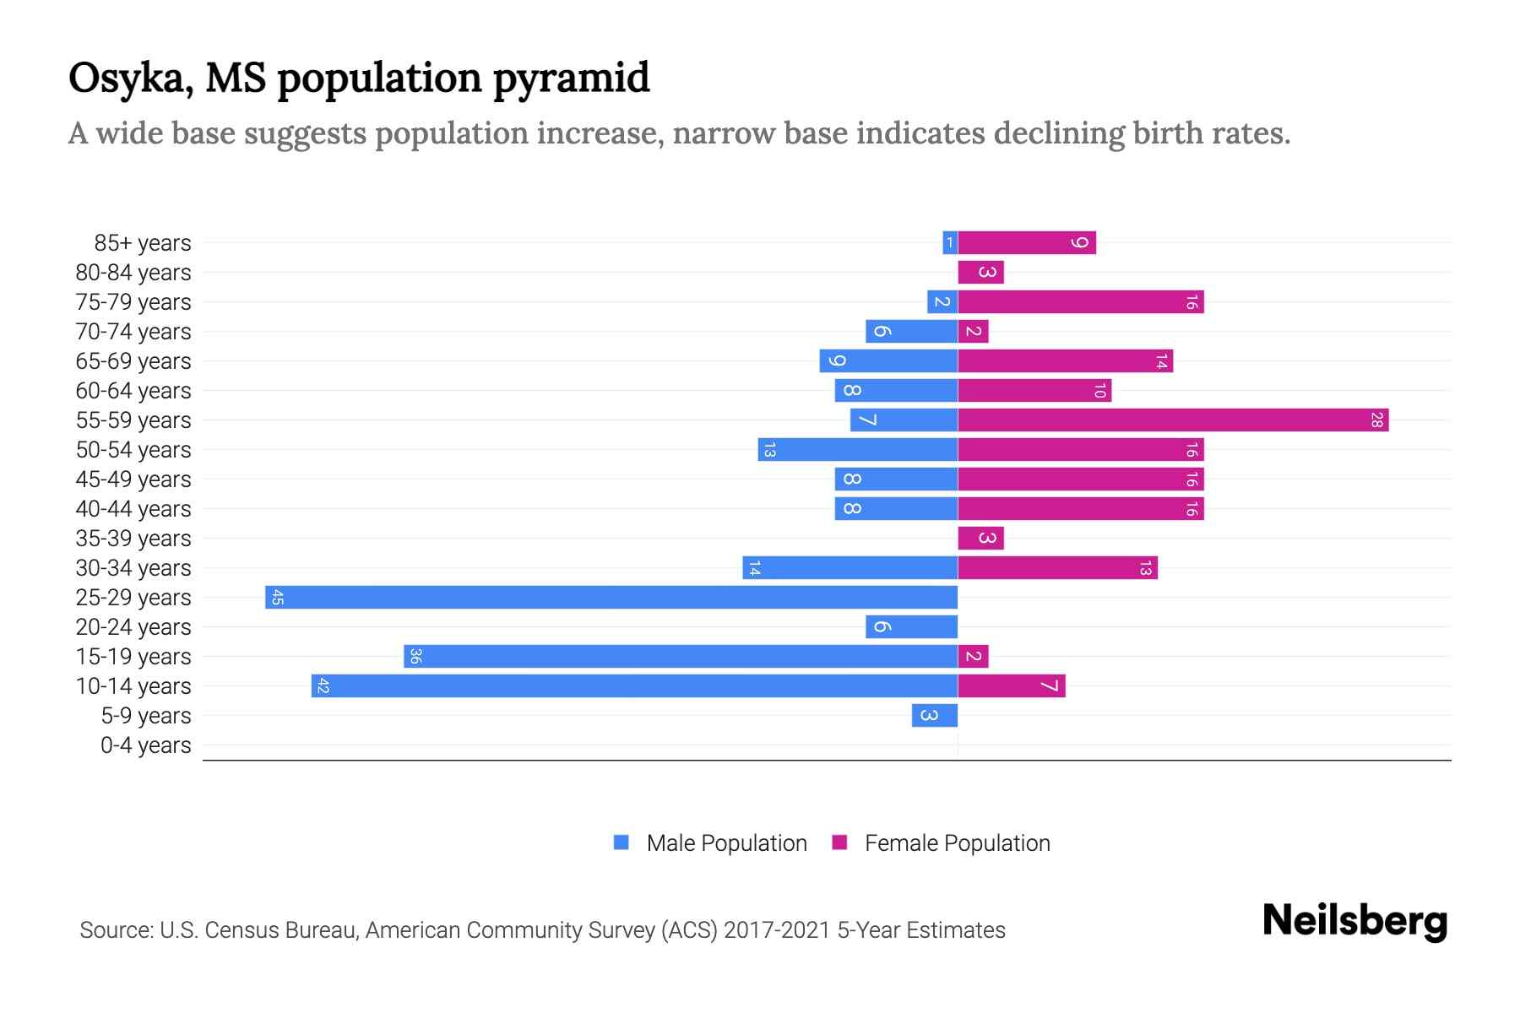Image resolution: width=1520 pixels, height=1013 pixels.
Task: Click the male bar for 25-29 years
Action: click(611, 598)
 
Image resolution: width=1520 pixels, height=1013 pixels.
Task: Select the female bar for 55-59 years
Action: click(1173, 420)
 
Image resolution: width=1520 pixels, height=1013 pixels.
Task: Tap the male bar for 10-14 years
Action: click(634, 686)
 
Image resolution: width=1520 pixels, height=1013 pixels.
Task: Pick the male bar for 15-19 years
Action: click(681, 657)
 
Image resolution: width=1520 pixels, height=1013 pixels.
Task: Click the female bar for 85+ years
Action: click(1027, 243)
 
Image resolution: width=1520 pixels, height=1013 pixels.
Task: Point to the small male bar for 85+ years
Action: click(950, 243)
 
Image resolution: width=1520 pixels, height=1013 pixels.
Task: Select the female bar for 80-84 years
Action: click(980, 273)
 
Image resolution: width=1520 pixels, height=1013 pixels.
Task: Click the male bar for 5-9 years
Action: click(935, 716)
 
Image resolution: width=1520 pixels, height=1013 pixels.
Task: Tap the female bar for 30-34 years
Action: click(1057, 568)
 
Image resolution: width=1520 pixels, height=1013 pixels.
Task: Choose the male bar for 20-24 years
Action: click(911, 627)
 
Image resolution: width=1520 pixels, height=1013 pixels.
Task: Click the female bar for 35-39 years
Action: click(980, 539)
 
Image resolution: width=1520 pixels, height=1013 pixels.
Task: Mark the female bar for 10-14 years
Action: click(1012, 686)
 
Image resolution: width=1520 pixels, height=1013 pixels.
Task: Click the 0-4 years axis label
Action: click(145, 745)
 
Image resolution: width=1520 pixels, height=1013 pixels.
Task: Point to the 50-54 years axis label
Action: click(133, 450)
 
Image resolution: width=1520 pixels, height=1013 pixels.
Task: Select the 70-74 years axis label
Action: click(133, 332)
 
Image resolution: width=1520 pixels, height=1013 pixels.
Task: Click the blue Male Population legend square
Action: click(622, 842)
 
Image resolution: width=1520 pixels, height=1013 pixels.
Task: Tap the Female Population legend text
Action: click(957, 843)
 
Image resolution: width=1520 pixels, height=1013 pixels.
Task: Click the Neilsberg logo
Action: click(1354, 921)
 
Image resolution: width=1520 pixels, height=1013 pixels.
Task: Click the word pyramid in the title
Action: click(571, 79)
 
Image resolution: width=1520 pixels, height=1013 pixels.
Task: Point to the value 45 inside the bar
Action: click(277, 598)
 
